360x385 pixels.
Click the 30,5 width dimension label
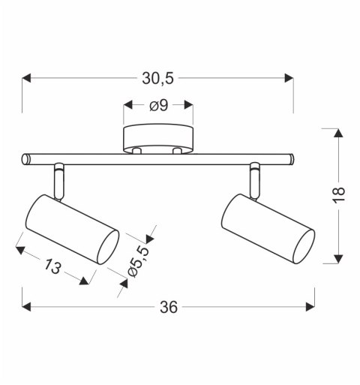click(x=158, y=77)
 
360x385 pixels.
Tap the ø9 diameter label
click(x=158, y=106)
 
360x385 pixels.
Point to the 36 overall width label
click(x=169, y=307)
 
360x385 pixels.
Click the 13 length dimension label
click(x=52, y=263)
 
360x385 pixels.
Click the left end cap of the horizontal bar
click(x=25, y=159)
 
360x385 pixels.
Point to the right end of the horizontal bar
click(x=289, y=159)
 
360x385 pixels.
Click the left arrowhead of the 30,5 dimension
click(x=28, y=77)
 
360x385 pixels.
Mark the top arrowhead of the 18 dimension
click(x=339, y=134)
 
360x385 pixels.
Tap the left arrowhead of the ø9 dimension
click(x=128, y=106)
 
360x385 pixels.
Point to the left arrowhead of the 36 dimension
click(x=28, y=307)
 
